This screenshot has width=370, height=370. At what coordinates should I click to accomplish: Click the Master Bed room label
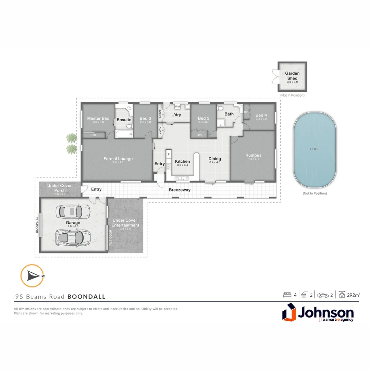[98, 119]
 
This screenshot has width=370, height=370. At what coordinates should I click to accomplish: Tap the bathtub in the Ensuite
[124, 134]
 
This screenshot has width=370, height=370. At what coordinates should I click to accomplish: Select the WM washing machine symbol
[177, 107]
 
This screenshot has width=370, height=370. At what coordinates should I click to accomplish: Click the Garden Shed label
[292, 76]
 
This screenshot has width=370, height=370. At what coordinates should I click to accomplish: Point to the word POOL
[314, 149]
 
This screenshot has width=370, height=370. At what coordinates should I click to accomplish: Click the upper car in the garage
[73, 211]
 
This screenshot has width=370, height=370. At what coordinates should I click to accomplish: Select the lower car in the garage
[73, 237]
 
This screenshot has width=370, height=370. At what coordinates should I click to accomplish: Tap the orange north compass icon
[32, 275]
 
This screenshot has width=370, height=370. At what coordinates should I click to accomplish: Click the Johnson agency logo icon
[289, 312]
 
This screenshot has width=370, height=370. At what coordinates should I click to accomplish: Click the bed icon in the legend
[287, 295]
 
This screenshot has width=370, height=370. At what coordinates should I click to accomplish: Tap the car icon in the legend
[323, 295]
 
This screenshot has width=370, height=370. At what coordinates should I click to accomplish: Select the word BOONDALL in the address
[86, 297]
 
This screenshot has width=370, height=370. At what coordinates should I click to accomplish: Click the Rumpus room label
[253, 155]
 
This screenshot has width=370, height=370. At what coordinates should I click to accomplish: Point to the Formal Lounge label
[118, 159]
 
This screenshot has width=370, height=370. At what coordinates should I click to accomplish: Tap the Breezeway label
[180, 190]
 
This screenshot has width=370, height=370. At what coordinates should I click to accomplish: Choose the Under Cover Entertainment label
[125, 223]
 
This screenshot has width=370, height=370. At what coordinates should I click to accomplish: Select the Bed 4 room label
[261, 115]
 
